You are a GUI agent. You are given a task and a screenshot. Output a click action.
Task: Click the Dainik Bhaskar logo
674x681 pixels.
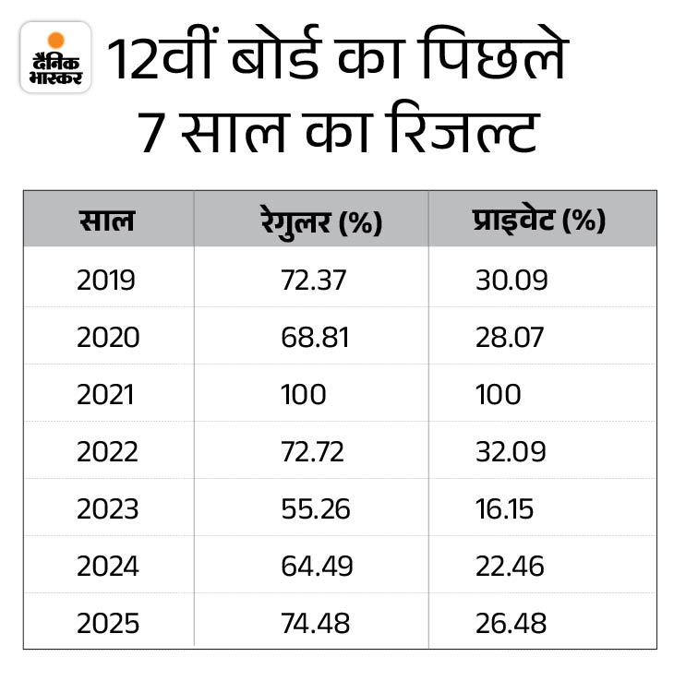click(55, 56)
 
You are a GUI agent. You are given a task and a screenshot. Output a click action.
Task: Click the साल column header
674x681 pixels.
click(106, 221)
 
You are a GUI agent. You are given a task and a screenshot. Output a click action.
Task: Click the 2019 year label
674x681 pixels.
click(106, 281)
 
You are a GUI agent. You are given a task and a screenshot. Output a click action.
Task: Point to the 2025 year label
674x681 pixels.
click(107, 624)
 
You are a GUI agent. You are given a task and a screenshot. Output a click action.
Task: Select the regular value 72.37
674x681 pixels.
click(314, 281)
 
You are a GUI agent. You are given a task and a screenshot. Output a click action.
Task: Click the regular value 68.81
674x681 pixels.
click(315, 338)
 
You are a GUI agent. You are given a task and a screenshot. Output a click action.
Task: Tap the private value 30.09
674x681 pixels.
click(511, 281)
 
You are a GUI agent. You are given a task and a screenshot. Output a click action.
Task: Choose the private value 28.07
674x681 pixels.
click(511, 338)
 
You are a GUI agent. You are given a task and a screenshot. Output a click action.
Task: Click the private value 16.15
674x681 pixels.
click(504, 509)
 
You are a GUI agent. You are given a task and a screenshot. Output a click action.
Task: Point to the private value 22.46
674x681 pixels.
click(511, 567)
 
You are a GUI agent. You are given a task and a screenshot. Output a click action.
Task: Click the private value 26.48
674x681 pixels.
click(511, 624)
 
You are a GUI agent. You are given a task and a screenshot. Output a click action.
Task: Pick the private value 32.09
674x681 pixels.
click(511, 452)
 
